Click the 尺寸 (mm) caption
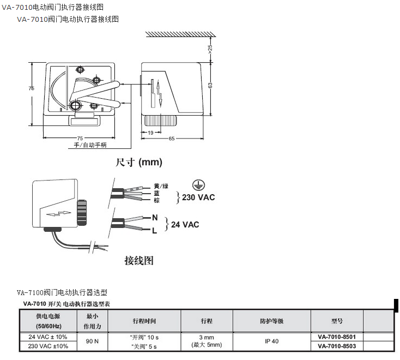click(x=139, y=162)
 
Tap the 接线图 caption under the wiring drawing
click(x=139, y=260)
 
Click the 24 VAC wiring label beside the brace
click(x=185, y=224)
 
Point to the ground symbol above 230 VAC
click(x=197, y=184)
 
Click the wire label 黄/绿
click(x=161, y=186)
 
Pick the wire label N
click(x=155, y=218)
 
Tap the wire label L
click(x=154, y=231)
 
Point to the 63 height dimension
click(x=210, y=85)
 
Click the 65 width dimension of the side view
click(x=172, y=139)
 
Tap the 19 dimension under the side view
click(x=150, y=133)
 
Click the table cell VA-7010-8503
click(x=336, y=346)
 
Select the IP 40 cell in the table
click(x=272, y=341)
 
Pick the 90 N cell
click(x=92, y=341)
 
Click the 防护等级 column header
click(x=271, y=321)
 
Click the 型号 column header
click(x=337, y=321)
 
